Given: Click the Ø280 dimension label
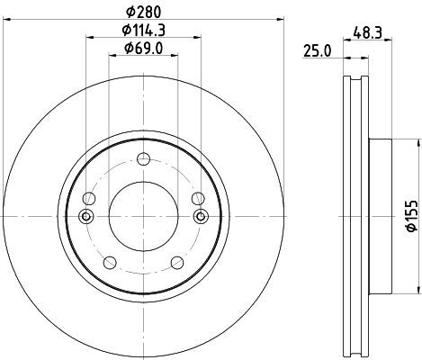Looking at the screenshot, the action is tap(143, 12).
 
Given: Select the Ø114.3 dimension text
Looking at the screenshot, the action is tap(144, 30).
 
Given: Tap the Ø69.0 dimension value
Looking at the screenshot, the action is tap(144, 49).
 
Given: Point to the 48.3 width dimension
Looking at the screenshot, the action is tap(367, 32).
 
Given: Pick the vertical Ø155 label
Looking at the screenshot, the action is tap(411, 216).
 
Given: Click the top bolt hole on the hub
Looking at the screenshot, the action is tap(143, 158).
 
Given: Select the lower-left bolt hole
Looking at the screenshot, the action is tap(110, 263).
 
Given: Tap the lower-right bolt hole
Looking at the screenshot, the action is tap(177, 263).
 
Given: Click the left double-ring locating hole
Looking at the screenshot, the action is tap(86, 216).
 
